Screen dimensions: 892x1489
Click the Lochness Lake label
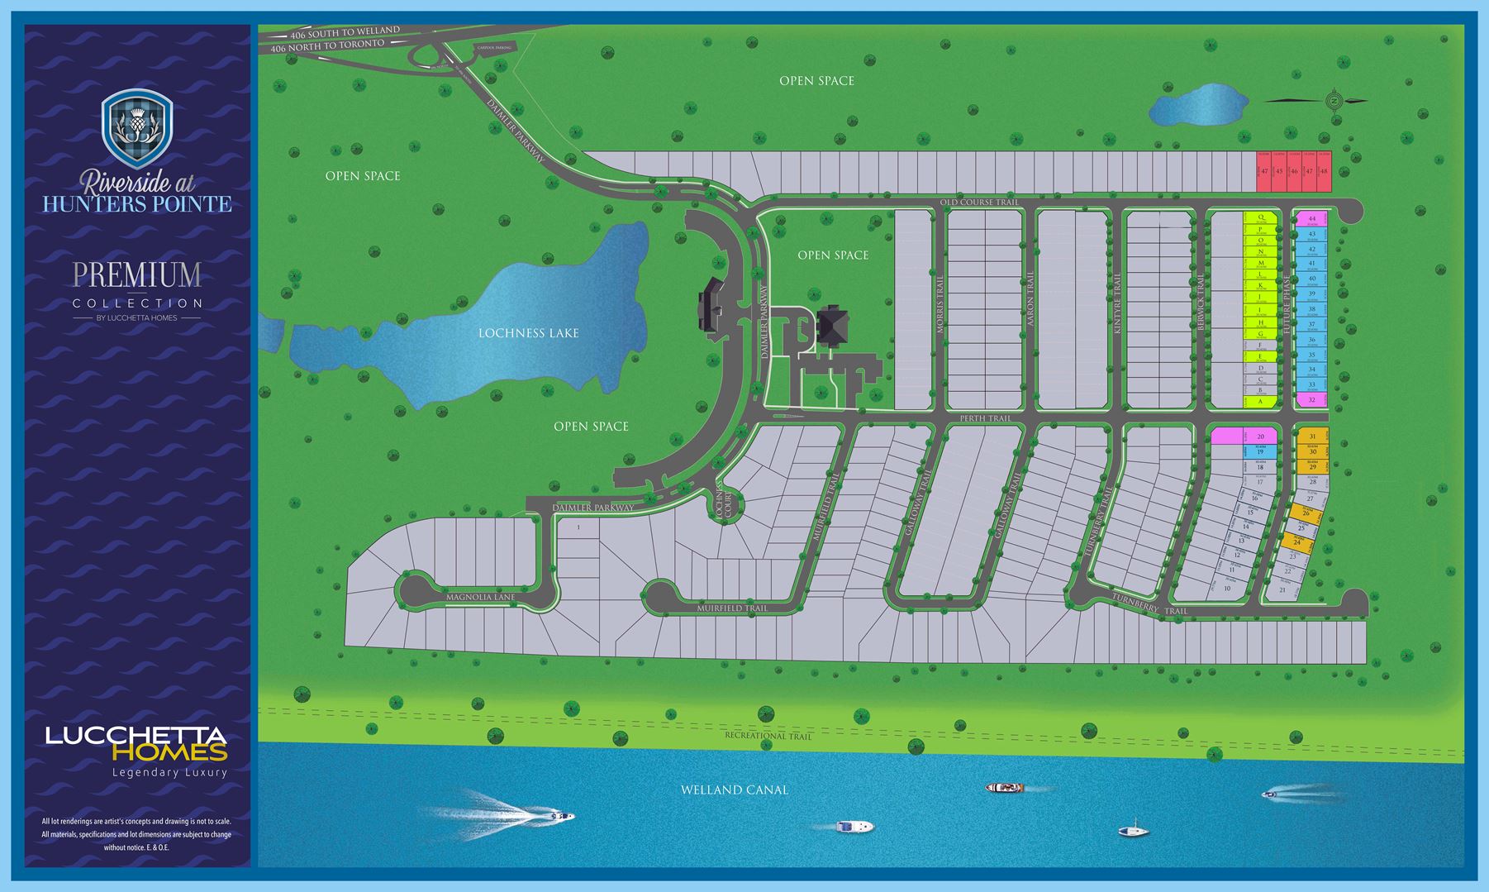click(528, 333)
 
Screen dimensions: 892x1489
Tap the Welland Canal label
click(734, 789)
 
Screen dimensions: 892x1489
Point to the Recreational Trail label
click(768, 736)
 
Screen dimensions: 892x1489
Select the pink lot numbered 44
click(1311, 219)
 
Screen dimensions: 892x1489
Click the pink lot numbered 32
click(1311, 400)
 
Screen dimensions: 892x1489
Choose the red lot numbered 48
click(1324, 171)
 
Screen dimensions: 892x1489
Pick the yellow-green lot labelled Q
click(1260, 217)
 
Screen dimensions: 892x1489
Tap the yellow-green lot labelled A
click(1260, 401)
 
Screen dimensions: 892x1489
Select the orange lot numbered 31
click(1312, 436)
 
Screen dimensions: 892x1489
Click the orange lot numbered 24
click(1296, 543)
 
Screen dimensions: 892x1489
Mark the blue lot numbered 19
click(1260, 452)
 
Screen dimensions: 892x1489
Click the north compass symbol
click(1333, 102)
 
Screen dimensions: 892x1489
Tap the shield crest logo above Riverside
click(136, 129)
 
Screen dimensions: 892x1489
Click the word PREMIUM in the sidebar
click(136, 275)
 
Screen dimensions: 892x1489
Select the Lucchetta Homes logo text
click(136, 743)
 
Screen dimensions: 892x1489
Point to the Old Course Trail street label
click(979, 203)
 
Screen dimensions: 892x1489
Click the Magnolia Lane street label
click(480, 597)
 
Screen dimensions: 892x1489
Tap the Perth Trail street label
click(985, 418)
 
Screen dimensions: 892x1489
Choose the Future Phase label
click(1287, 306)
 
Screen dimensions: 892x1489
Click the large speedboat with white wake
click(560, 817)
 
